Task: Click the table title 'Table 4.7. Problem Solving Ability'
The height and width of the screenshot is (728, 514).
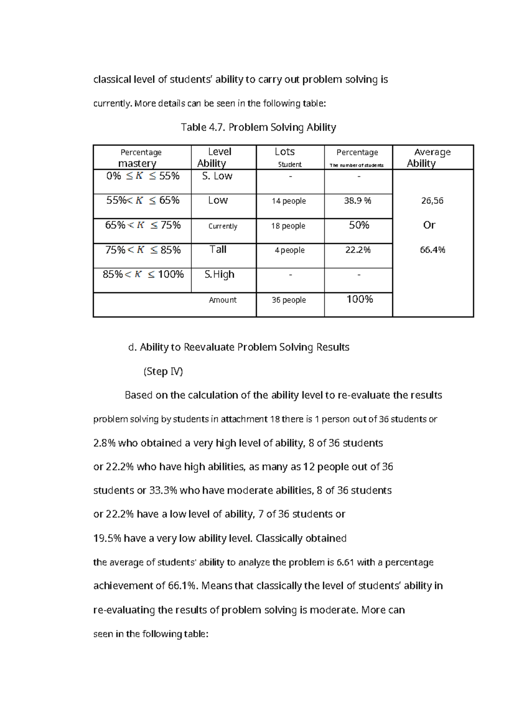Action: coord(258,127)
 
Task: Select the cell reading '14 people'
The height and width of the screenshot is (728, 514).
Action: coord(289,201)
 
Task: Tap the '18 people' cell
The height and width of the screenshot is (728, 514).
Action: coord(288,226)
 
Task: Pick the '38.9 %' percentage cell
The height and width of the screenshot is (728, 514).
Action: coord(358,201)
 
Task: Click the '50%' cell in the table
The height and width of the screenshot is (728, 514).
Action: coord(359,226)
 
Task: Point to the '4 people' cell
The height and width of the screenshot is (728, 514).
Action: coord(290,250)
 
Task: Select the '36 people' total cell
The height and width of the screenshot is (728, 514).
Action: coord(289,300)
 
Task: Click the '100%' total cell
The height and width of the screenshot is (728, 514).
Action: coord(359,299)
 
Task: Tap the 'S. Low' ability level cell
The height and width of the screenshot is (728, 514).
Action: coord(217,176)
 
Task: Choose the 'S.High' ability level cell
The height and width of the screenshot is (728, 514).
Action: coord(219,274)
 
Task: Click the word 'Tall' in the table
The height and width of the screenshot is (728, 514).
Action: coord(218,250)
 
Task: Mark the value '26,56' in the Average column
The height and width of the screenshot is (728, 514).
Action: coord(432,201)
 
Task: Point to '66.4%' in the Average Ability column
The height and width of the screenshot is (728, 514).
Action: coord(432,250)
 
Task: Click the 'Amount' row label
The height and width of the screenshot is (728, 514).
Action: coord(222,300)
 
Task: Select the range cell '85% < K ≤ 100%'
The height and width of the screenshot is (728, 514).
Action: coord(143,274)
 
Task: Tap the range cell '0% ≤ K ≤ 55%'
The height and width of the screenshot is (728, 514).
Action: coord(143,176)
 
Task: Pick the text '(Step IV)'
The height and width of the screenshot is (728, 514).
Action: coord(163,371)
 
